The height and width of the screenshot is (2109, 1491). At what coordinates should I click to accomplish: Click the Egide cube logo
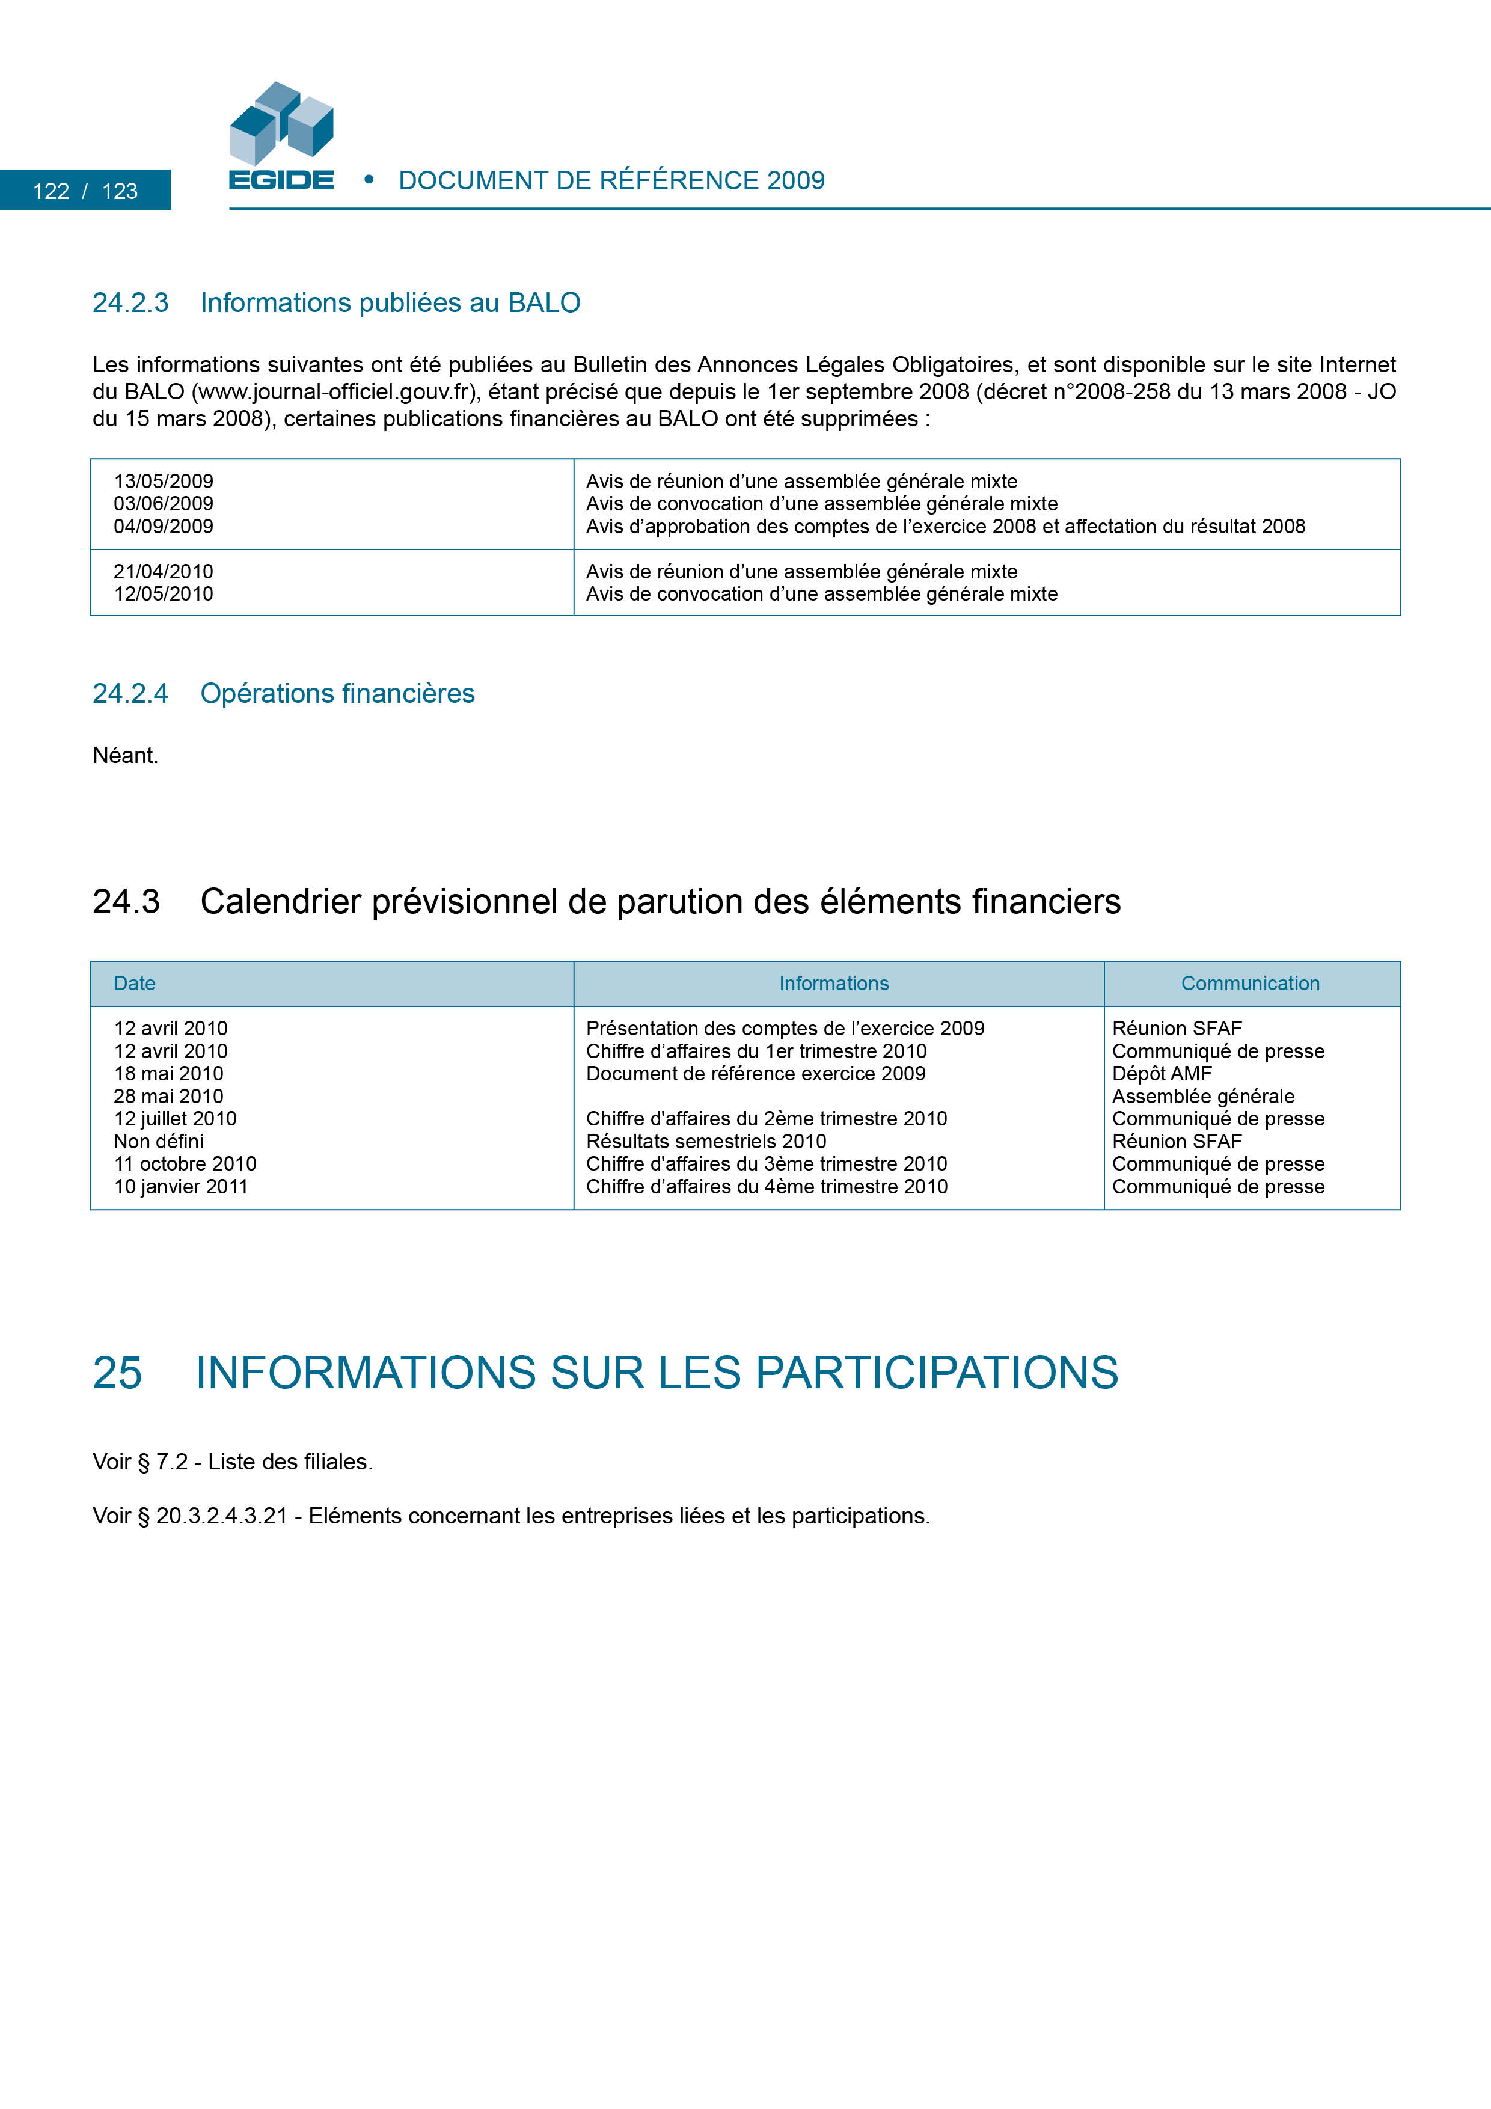(x=281, y=124)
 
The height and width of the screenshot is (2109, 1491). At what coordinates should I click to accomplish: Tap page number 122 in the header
(x=52, y=191)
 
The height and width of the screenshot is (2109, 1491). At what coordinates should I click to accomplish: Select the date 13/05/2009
(x=164, y=482)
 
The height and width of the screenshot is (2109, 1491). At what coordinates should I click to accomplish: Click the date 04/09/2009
(x=164, y=526)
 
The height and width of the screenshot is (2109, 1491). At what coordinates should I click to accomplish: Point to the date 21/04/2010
(x=164, y=571)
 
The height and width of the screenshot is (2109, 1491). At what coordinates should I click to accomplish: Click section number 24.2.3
(x=130, y=303)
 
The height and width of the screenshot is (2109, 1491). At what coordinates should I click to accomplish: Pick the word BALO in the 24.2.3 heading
(x=544, y=303)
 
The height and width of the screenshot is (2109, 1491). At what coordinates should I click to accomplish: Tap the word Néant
(x=125, y=755)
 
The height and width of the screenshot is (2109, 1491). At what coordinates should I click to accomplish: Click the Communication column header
(x=1251, y=984)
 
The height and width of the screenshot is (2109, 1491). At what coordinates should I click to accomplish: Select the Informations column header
(x=834, y=984)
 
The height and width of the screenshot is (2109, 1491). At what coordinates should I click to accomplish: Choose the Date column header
(x=134, y=984)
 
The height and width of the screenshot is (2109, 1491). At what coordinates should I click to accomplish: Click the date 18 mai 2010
(x=169, y=1074)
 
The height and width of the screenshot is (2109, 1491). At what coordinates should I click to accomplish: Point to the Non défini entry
(x=159, y=1142)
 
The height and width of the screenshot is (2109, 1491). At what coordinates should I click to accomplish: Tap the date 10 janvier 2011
(x=181, y=1187)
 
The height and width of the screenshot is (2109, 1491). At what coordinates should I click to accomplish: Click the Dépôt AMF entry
(x=1162, y=1074)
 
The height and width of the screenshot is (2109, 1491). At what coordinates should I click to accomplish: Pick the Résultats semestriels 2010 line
(x=706, y=1142)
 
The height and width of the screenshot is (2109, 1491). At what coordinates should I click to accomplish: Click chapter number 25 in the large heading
(x=118, y=1373)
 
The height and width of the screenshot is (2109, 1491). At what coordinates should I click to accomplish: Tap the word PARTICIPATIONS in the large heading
(x=937, y=1373)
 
